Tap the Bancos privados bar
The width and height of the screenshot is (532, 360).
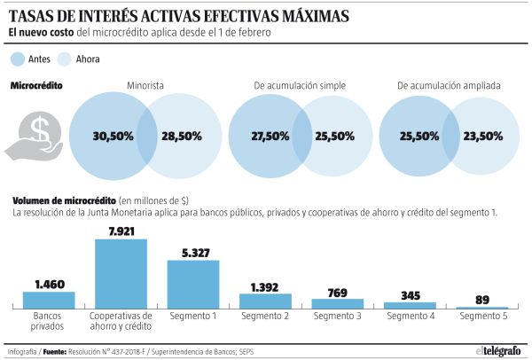pyautogui.click(x=49, y=300)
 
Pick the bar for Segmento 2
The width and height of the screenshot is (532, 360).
pyautogui.click(x=265, y=301)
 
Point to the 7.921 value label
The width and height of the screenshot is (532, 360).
pyautogui.click(x=121, y=231)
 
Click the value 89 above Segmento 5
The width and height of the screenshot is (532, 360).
pyautogui.click(x=481, y=300)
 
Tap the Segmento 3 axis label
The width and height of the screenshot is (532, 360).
pyautogui.click(x=337, y=317)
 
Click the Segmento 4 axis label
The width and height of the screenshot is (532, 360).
pyautogui.click(x=410, y=317)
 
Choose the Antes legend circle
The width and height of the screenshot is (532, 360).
pyautogui.click(x=18, y=59)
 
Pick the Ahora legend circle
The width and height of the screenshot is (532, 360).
pyautogui.click(x=64, y=59)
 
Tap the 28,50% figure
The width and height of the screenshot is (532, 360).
pyautogui.click(x=181, y=137)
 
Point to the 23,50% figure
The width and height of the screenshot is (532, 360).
pyautogui.click(x=482, y=137)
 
